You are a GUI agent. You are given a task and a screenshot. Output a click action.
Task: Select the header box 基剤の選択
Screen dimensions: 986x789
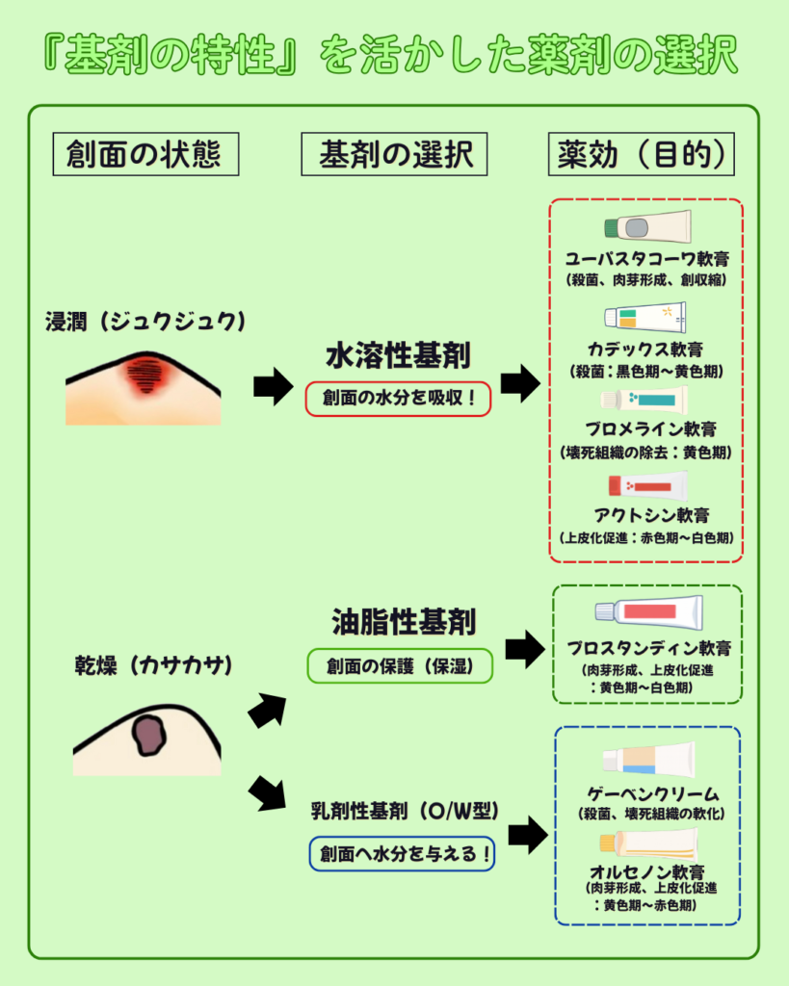pyautogui.click(x=396, y=154)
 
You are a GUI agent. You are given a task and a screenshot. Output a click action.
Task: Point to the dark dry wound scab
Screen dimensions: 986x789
pyautogui.click(x=149, y=735)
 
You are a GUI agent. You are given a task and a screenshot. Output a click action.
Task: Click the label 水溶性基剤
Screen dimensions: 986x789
pyautogui.click(x=398, y=356)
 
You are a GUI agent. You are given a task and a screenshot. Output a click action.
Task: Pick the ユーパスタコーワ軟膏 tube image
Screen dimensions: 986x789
pyautogui.click(x=646, y=226)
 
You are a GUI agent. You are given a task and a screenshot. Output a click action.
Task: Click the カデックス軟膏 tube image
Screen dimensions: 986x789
pyautogui.click(x=644, y=317)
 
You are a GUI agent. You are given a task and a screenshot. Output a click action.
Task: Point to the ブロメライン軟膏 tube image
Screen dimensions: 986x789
pyautogui.click(x=644, y=399)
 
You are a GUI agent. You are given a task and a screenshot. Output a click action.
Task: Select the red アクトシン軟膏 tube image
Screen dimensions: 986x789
pyautogui.click(x=646, y=484)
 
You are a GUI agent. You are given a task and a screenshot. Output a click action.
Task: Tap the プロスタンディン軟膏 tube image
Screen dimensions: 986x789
pyautogui.click(x=648, y=611)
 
